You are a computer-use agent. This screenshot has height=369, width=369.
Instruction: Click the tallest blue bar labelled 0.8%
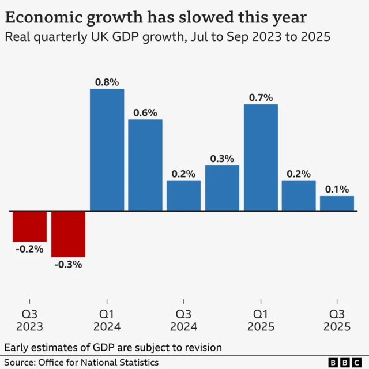click(107, 150)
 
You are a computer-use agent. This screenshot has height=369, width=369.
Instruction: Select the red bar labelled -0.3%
click(68, 234)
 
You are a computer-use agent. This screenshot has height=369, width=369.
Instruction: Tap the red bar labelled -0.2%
click(29, 226)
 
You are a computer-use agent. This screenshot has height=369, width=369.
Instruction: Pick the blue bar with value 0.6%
click(145, 165)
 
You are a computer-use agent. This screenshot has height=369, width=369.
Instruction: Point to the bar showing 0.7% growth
click(261, 157)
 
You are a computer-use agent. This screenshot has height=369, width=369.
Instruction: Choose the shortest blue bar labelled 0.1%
click(337, 204)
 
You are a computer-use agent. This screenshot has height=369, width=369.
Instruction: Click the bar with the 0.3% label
click(222, 188)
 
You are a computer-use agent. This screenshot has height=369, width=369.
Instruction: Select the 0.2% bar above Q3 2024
click(183, 196)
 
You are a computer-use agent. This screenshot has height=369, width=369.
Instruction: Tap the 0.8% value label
click(107, 82)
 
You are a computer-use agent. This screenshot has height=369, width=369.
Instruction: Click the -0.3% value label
click(68, 265)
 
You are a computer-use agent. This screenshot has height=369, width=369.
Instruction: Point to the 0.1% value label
click(337, 189)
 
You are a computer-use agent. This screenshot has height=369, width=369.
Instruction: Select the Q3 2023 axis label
click(29, 320)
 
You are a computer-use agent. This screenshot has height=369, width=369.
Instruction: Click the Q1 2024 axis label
click(107, 320)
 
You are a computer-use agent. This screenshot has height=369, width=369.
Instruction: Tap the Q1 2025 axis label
click(261, 320)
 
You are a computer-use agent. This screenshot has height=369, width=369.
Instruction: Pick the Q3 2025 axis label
click(337, 320)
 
